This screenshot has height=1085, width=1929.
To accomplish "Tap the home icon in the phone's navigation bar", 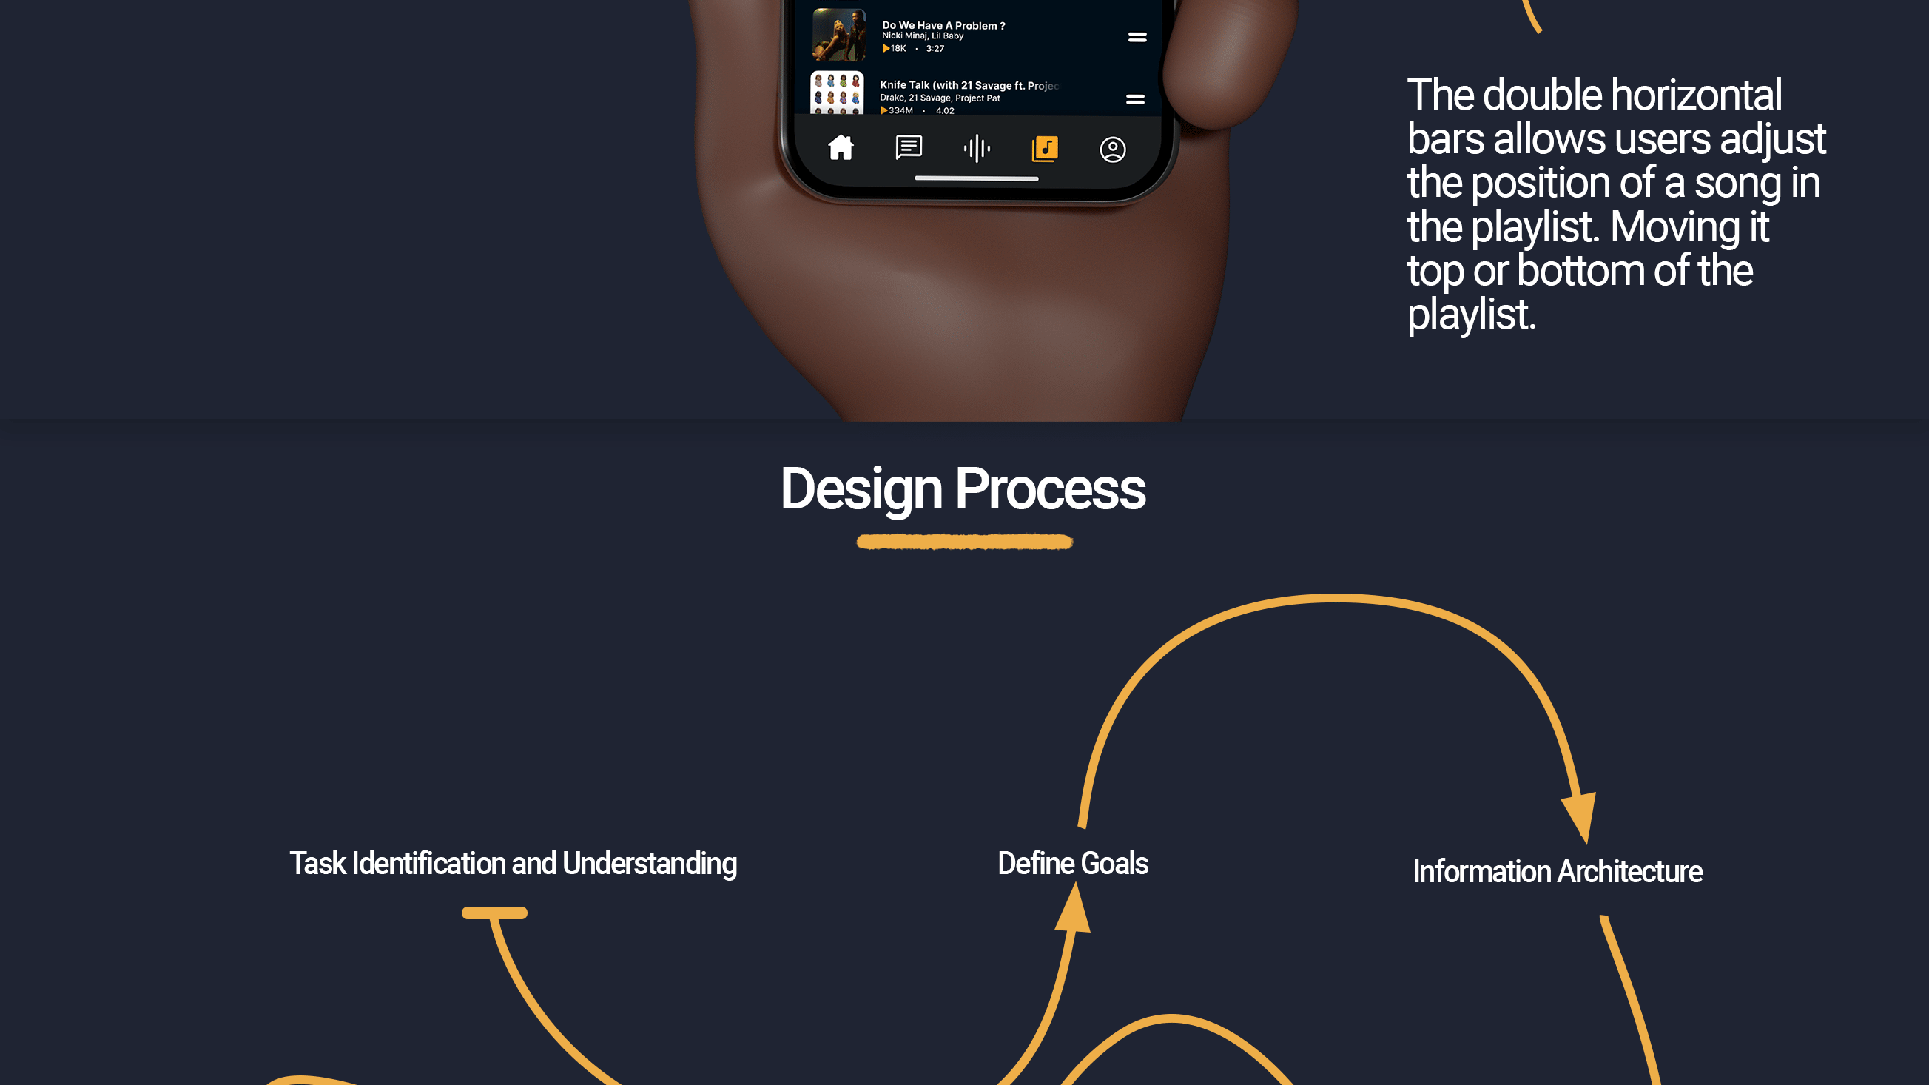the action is pos(841,147).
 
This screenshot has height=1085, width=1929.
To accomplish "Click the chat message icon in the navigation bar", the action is pos(909,147).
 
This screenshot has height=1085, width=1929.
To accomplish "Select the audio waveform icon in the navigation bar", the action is pos(977,148).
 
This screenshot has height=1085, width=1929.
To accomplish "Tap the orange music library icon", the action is pos(1045,148).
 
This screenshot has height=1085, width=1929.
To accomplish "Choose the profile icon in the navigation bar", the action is pos(1112,150).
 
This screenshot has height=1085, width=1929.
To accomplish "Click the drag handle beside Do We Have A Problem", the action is pos(1137,37).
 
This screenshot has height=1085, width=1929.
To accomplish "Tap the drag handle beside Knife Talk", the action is pos(1135,99).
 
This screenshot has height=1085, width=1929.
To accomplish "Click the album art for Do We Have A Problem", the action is pos(839,35).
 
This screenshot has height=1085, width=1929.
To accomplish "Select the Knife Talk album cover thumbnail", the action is pos(837,93).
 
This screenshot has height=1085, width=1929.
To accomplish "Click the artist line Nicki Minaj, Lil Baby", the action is pos(923,36).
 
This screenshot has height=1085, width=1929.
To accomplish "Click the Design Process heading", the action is pos(963,489).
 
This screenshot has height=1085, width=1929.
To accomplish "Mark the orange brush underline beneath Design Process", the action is pos(965,541).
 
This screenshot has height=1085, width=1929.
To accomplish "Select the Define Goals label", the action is pos(1073,864).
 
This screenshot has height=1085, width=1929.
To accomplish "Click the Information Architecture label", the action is pos(1558,872).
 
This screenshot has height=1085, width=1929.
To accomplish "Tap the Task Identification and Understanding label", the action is pos(514,864).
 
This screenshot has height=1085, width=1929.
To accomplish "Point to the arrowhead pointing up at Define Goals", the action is pos(1073,907).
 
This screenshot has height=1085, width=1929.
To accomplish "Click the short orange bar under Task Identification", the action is pos(494,913).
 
